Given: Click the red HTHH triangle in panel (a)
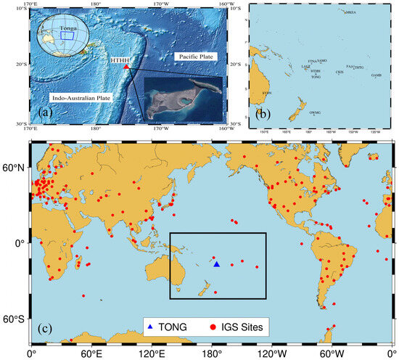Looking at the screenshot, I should click(x=126, y=67).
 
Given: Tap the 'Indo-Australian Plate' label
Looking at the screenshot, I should click(x=78, y=95).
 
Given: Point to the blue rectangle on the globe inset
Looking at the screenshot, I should click(x=67, y=34).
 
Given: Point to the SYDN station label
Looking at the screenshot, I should click(x=267, y=93).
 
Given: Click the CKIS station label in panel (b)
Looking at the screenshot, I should click(x=340, y=72).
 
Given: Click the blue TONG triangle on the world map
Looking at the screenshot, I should click(x=216, y=264).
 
